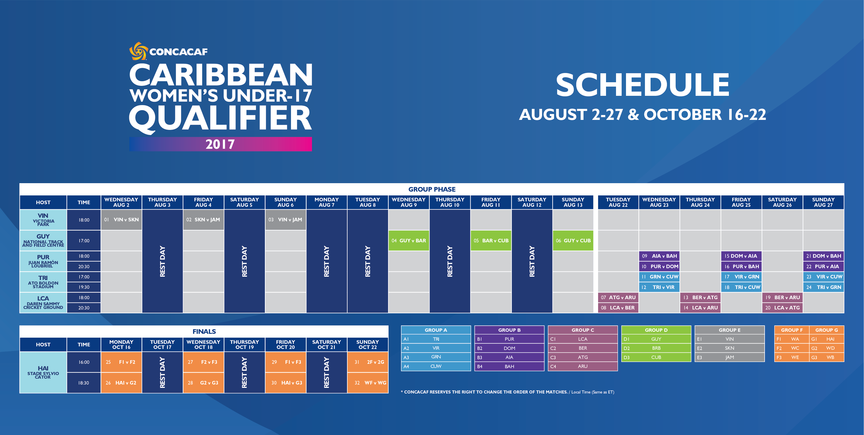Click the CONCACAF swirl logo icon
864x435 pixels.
tap(138, 51)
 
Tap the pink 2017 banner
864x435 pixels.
tap(220, 144)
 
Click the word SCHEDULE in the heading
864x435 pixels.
tap(643, 85)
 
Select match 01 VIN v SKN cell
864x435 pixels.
tap(121, 220)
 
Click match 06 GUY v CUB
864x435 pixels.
tap(573, 241)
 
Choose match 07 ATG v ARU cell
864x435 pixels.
tap(618, 297)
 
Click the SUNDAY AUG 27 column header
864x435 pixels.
tap(823, 202)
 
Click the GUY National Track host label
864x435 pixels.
tap(43, 241)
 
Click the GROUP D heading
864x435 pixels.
tap(656, 330)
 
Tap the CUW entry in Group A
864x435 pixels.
tap(436, 366)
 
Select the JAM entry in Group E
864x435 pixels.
tap(729, 357)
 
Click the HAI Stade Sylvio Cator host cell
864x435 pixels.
tap(43, 372)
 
